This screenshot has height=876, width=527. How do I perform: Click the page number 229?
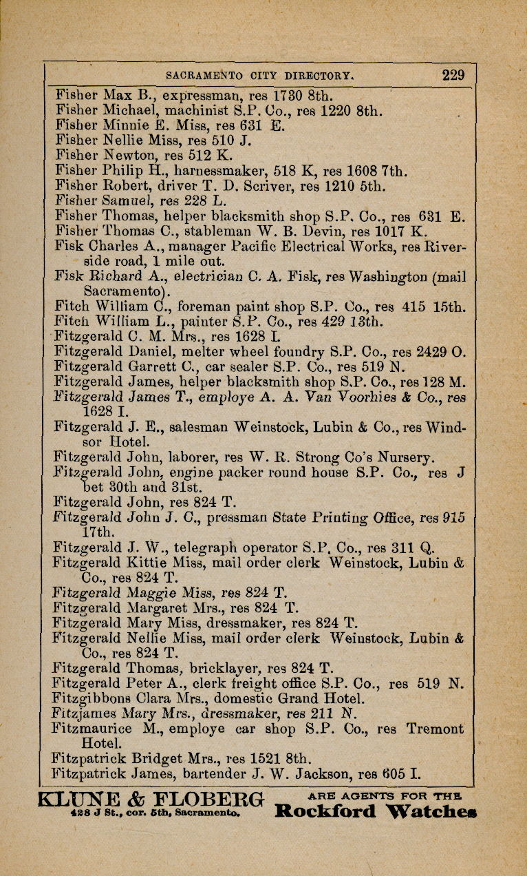[x=453, y=75]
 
